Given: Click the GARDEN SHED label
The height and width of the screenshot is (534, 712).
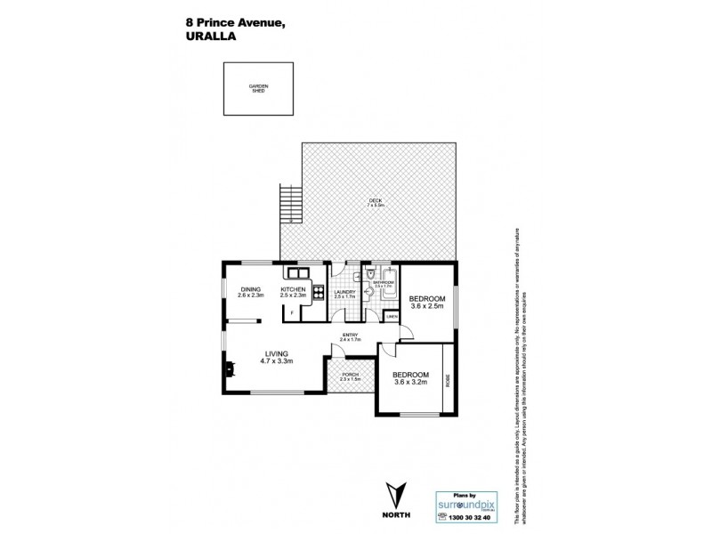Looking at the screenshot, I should pos(258,88).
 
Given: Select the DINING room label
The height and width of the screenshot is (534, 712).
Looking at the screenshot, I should pos(250,289).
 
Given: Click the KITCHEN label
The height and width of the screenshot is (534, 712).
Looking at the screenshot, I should pos(294,289).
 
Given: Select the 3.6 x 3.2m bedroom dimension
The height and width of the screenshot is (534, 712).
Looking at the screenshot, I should pos(411,382).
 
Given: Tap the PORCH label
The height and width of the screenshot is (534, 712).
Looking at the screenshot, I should pos(351,374).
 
